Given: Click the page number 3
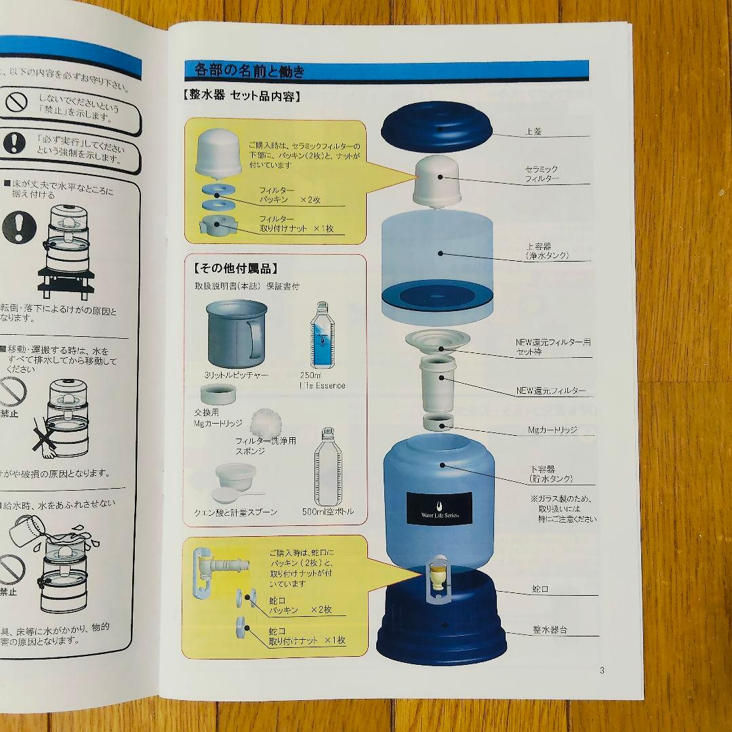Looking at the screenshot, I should click(602, 671).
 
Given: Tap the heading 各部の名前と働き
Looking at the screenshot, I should click(249, 70).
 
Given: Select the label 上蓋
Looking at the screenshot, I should click(535, 131).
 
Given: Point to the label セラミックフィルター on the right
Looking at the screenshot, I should click(542, 174).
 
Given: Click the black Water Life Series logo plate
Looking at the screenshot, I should click(438, 506).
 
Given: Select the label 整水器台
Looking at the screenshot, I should click(550, 630).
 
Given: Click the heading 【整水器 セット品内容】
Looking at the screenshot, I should click(241, 96).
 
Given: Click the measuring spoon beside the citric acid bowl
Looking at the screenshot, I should click(228, 495).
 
